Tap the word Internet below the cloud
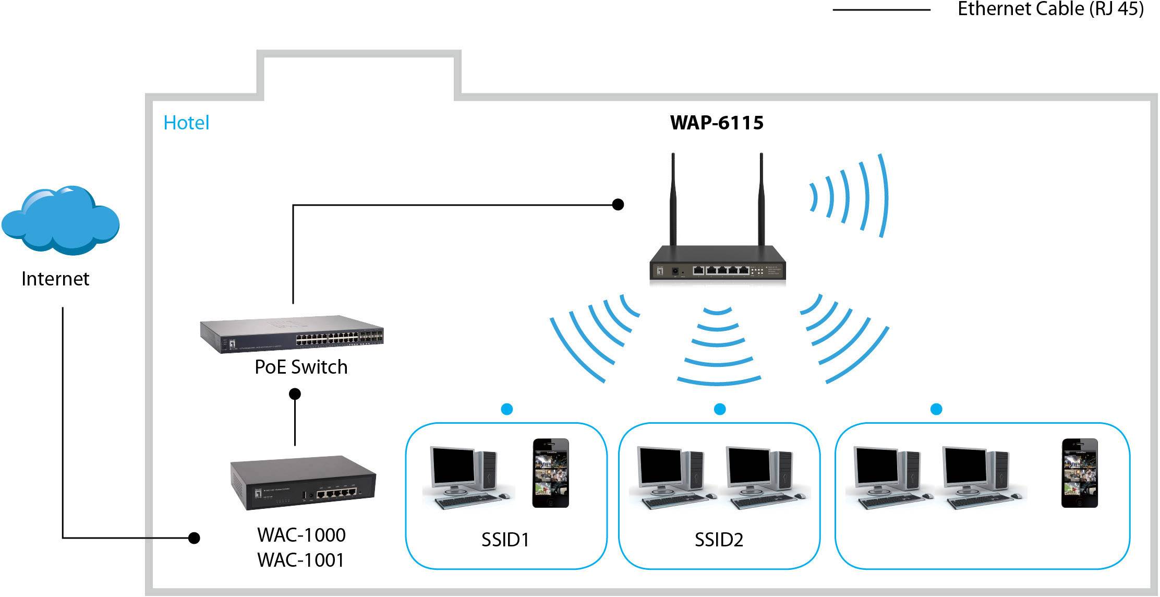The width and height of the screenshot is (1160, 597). [55, 279]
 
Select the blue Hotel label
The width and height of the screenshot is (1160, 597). [186, 123]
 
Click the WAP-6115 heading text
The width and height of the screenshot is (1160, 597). [717, 123]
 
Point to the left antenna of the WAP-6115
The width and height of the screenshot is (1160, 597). [673, 198]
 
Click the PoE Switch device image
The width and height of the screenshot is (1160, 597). [292, 334]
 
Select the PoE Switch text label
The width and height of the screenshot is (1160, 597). [301, 367]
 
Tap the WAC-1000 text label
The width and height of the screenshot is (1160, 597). [301, 535]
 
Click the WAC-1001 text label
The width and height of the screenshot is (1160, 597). [301, 560]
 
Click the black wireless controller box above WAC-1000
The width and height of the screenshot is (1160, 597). [303, 485]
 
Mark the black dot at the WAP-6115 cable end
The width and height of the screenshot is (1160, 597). [618, 205]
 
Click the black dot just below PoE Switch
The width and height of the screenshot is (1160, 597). [295, 393]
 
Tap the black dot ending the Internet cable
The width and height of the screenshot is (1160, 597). [194, 538]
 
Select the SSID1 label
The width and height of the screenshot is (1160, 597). [505, 540]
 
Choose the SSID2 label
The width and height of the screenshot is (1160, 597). [719, 540]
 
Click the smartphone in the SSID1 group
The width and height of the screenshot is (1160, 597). [550, 473]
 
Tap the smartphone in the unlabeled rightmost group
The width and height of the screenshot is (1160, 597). [1079, 473]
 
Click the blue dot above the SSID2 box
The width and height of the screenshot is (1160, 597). [720, 409]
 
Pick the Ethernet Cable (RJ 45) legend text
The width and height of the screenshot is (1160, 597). [1050, 9]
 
